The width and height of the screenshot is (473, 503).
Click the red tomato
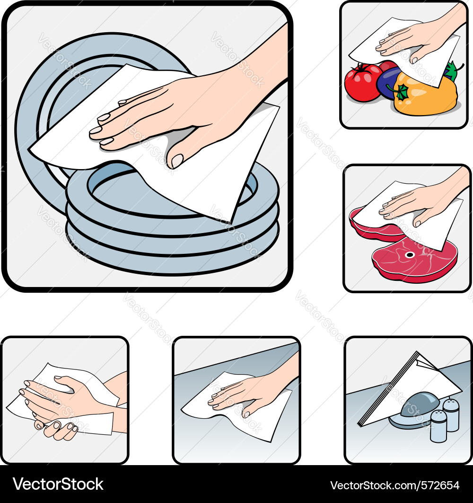pyautogui.click(x=362, y=84)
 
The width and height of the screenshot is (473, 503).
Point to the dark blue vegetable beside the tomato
pyautogui.click(x=389, y=81)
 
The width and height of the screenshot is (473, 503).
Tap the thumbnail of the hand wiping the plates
pyautogui.click(x=177, y=161)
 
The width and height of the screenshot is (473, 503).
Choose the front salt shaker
pyautogui.click(x=438, y=426)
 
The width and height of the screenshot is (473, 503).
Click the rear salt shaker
pyautogui.click(x=451, y=414)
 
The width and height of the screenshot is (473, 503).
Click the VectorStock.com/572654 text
pyautogui.click(x=394, y=485)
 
